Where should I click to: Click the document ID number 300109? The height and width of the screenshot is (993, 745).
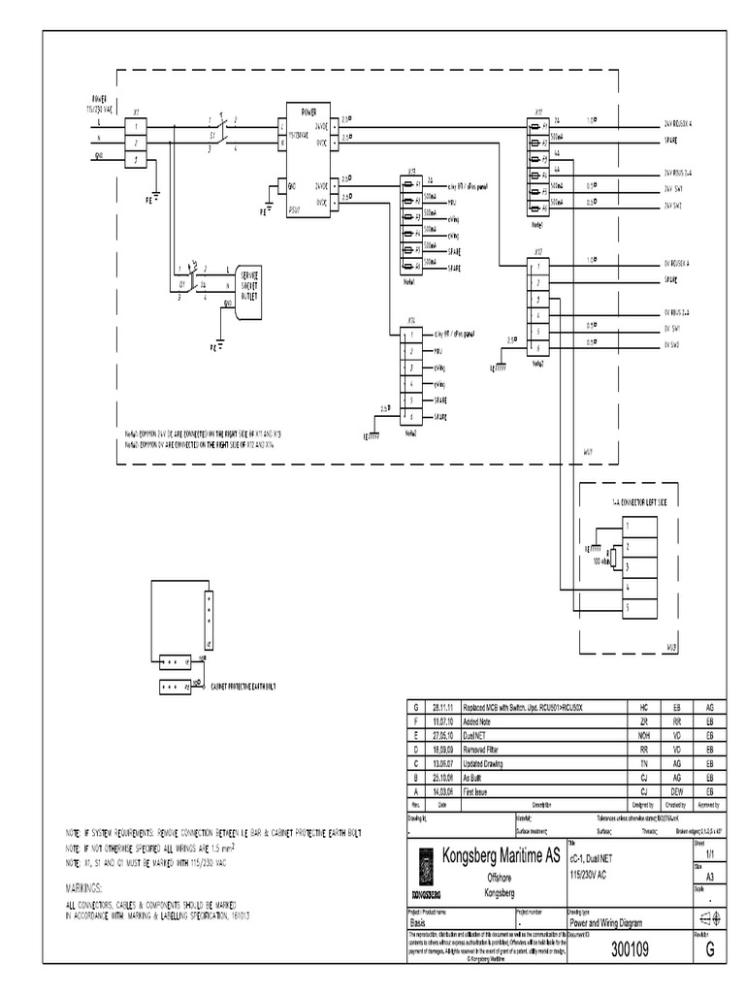point(630,951)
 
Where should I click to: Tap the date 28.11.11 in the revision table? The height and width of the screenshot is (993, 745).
point(442,709)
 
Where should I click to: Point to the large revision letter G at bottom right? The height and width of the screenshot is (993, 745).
point(710,951)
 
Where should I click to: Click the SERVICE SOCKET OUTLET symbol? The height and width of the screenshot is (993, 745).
point(249,286)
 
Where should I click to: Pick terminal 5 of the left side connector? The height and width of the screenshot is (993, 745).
point(628,607)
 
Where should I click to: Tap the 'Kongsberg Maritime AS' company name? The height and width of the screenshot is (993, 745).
point(500,855)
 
